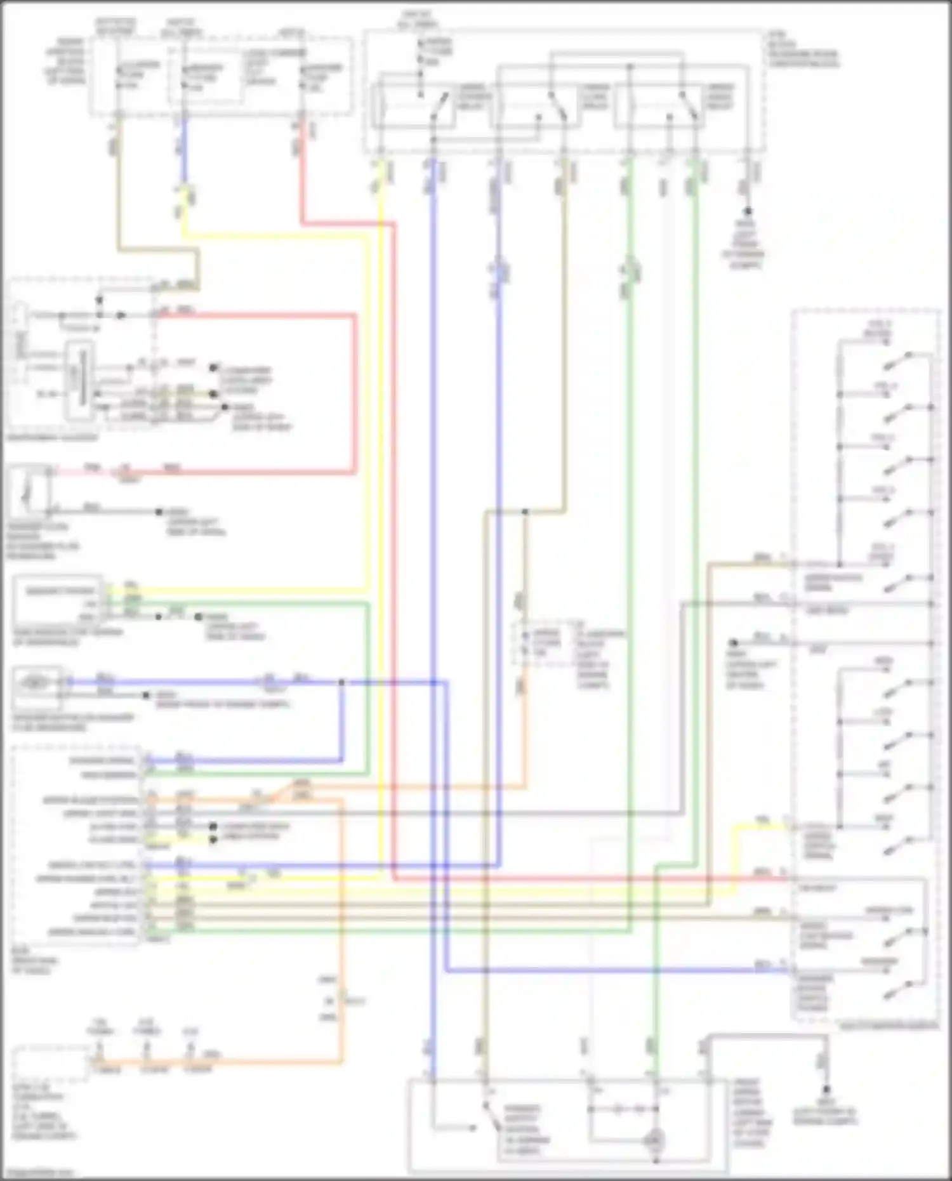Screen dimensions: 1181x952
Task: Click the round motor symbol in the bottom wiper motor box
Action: click(x=654, y=1140)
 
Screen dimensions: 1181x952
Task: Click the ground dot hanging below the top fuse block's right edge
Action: click(x=748, y=211)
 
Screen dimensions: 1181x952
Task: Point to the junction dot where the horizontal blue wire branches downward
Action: click(x=342, y=683)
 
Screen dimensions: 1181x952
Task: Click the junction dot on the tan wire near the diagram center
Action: click(x=525, y=511)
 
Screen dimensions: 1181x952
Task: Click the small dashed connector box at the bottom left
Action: click(x=51, y=1063)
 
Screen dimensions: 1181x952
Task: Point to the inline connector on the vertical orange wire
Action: click(x=342, y=1001)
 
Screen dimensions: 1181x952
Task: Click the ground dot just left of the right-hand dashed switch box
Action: click(x=733, y=642)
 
